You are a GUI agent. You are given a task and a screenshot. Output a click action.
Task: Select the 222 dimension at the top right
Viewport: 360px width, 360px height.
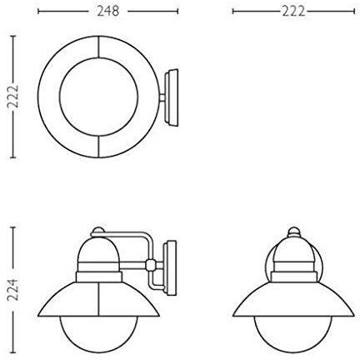290,12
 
